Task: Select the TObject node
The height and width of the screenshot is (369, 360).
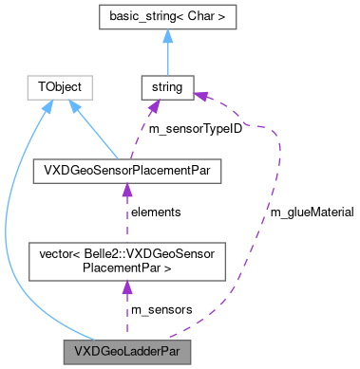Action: pyautogui.click(x=59, y=88)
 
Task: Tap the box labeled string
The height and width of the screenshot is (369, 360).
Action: pyautogui.click(x=166, y=88)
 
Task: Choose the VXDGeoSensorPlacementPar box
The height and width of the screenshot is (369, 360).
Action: pyautogui.click(x=126, y=171)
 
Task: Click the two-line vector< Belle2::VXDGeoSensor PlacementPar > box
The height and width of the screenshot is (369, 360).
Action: pyautogui.click(x=126, y=260)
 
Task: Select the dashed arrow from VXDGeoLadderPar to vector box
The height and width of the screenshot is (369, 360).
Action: pyautogui.click(x=126, y=308)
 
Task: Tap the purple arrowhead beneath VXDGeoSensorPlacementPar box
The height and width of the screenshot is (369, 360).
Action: pyautogui.click(x=126, y=190)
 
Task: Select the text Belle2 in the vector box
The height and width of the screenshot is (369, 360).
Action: pyautogui.click(x=104, y=253)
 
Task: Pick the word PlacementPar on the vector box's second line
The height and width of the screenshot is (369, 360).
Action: pyautogui.click(x=126, y=268)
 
